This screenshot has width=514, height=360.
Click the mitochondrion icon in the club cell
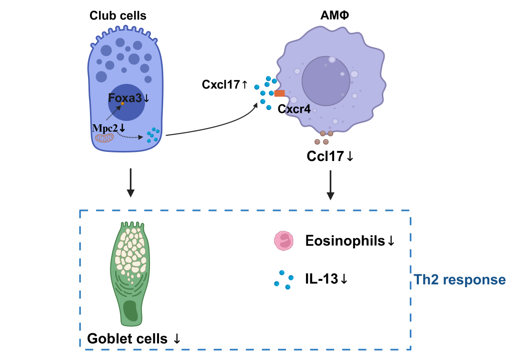[104, 139]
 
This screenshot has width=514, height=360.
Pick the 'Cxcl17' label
[220, 85]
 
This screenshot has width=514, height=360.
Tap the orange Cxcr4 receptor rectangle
[279, 93]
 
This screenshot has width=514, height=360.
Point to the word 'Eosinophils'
[345, 241]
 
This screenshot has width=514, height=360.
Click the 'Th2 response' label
[459, 280]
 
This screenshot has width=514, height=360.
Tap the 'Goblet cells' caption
[128, 339]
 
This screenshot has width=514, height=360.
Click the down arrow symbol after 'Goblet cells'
[177, 339]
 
